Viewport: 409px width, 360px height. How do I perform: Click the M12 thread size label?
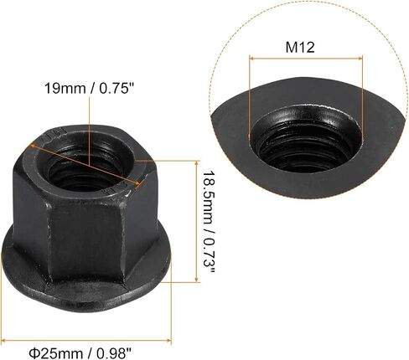tap(300, 48)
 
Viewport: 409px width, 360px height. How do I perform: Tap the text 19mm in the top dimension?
tap(65, 89)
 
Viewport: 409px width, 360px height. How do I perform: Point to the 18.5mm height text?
tap(207, 198)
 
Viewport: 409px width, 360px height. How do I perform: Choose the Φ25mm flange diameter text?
tap(56, 354)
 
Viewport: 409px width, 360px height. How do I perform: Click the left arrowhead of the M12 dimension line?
tap(251, 59)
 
